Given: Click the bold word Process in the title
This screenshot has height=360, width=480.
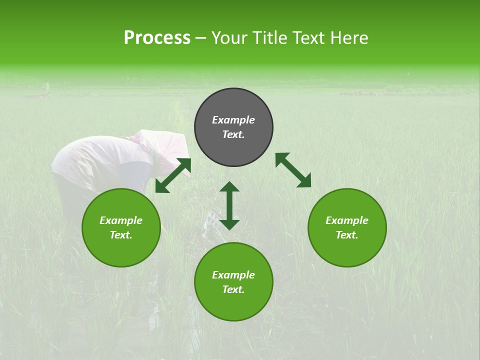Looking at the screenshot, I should click(x=157, y=38).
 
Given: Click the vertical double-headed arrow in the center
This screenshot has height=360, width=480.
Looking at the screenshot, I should click(x=229, y=205).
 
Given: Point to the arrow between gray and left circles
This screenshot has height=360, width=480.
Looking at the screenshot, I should click(x=173, y=175).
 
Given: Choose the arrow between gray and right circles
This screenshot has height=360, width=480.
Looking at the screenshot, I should click(x=293, y=170).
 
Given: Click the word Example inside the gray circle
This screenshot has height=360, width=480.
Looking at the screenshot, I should click(x=233, y=120).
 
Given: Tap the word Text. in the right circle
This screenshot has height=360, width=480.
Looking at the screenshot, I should click(x=347, y=235).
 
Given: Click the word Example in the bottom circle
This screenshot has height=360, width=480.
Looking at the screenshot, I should click(x=233, y=275).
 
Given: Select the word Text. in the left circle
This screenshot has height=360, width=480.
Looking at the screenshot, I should click(x=121, y=235).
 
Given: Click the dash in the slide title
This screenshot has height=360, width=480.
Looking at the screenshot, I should click(x=201, y=38).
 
